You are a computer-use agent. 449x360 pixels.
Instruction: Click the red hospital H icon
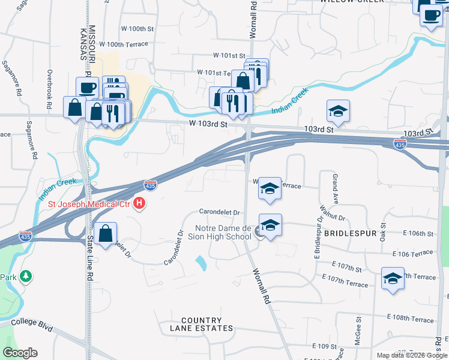click(140, 204)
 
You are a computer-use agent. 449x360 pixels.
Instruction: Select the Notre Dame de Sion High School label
click(223, 232)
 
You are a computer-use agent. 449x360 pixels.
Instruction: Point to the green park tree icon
click(26, 277)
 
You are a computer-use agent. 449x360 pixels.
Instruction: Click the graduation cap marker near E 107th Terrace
click(393, 278)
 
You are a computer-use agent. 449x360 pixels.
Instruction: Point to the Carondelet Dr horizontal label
click(220, 212)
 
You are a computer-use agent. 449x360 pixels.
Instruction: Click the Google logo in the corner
click(20, 353)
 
